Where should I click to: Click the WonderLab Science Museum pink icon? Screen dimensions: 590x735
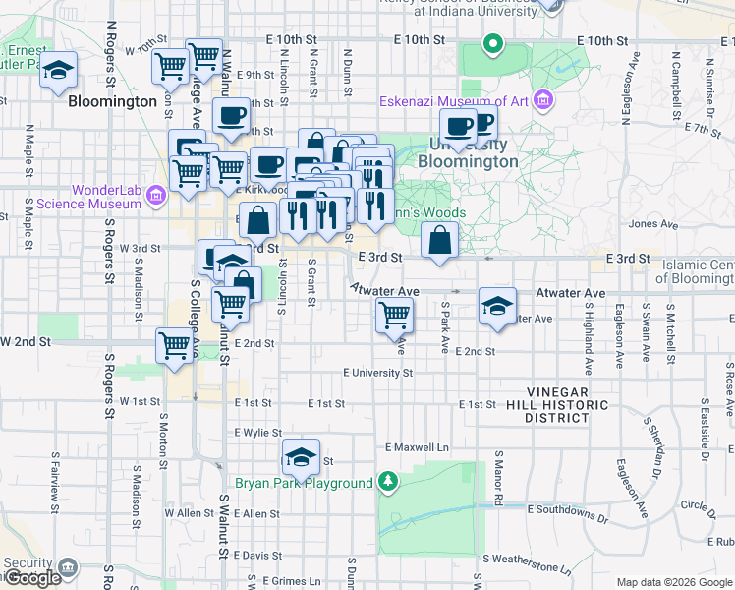tap(154, 196)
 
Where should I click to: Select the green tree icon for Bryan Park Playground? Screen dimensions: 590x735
tap(389, 482)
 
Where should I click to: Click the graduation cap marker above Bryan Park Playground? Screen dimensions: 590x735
tap(302, 456)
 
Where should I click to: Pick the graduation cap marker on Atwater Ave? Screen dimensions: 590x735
tap(498, 306)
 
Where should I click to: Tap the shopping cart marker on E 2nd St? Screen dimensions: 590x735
tap(174, 346)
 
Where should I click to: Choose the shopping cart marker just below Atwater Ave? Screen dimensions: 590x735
tap(394, 315)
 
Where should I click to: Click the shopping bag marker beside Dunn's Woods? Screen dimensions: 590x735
tap(439, 240)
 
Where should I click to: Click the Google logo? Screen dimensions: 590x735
tap(32, 578)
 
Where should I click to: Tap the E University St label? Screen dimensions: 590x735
tap(377, 373)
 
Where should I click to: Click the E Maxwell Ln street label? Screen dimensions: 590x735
tap(417, 447)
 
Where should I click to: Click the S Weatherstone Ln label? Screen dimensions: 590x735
tap(526, 568)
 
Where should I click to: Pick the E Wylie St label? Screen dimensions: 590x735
tap(257, 432)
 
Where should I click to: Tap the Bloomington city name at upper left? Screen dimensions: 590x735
tap(113, 101)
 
